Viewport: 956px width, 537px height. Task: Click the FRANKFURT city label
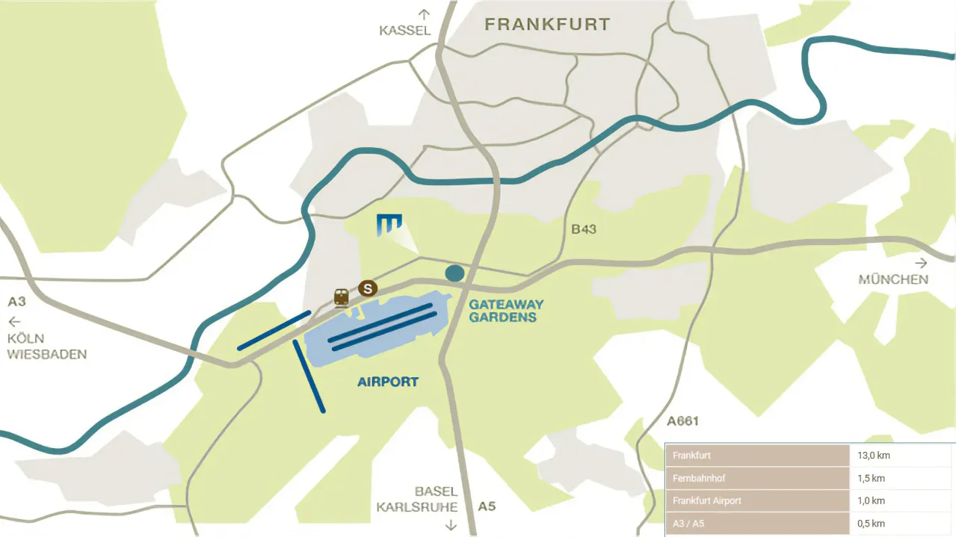[547, 25]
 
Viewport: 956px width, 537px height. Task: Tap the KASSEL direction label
[405, 31]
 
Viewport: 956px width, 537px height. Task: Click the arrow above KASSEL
[425, 13]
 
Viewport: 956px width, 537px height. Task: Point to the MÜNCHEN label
[893, 280]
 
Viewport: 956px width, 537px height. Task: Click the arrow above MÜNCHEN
[921, 263]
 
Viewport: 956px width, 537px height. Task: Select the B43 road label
[584, 229]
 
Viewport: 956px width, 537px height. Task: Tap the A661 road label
[682, 421]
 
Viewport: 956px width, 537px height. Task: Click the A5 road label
[487, 506]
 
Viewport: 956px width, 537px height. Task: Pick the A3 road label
[17, 302]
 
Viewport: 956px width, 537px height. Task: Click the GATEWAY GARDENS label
[506, 311]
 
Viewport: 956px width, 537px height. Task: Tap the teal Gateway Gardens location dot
[454, 273]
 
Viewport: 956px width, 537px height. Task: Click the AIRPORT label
[388, 382]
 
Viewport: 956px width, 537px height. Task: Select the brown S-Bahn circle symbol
[367, 288]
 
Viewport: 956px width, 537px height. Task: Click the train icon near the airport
[342, 297]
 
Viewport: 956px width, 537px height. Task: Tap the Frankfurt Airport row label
[707, 500]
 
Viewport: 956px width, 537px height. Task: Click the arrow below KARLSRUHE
[451, 524]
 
